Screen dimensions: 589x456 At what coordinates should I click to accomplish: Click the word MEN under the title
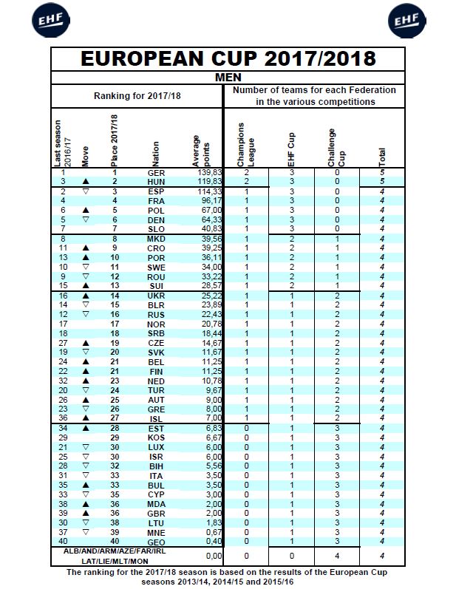click(228, 76)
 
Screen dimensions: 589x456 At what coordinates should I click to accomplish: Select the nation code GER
click(155, 172)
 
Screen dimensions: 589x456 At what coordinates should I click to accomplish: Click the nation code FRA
click(155, 200)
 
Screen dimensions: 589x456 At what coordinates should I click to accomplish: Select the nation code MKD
click(155, 239)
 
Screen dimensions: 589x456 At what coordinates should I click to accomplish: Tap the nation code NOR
click(155, 324)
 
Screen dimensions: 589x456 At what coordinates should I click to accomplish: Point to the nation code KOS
click(155, 438)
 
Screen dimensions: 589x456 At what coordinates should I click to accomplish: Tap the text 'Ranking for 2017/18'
click(137, 96)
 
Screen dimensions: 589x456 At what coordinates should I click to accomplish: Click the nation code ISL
click(155, 418)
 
